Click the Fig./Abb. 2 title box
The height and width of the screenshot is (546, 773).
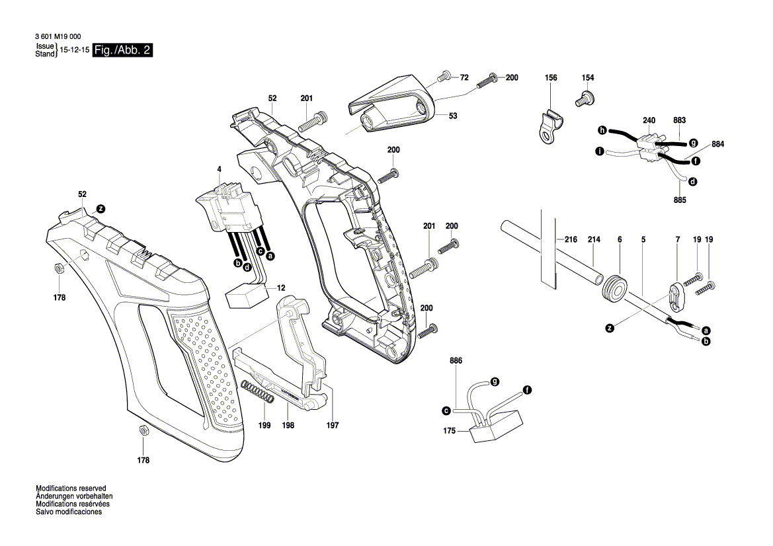click(x=124, y=51)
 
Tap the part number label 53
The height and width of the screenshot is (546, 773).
click(x=453, y=116)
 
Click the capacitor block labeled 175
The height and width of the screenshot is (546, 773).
click(x=495, y=424)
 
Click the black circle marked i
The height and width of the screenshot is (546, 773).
click(x=599, y=151)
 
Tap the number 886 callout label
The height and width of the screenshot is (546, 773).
click(x=456, y=360)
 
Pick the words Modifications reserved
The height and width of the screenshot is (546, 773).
click(x=69, y=488)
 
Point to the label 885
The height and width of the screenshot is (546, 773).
click(x=680, y=200)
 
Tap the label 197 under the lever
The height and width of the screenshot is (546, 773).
click(x=332, y=426)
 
